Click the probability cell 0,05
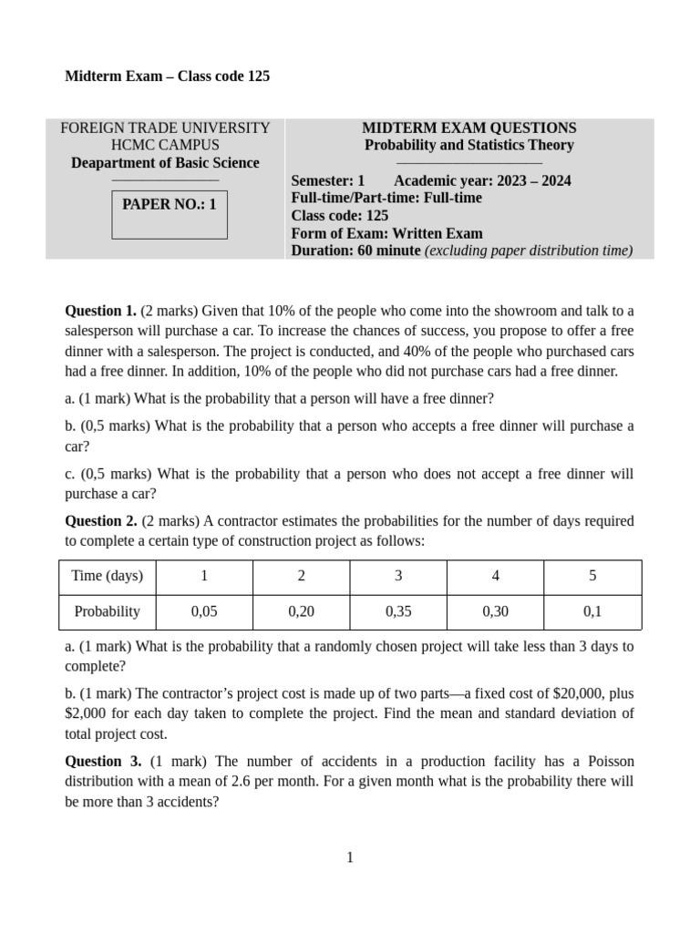click(204, 611)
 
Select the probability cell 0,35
click(398, 611)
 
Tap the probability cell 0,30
click(495, 611)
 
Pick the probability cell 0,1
click(592, 611)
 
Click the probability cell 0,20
click(301, 611)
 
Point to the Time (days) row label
click(108, 576)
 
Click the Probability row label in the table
click(108, 611)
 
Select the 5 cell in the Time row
click(592, 576)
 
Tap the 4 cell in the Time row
click(495, 576)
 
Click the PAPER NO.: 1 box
click(170, 214)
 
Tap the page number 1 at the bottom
click(350, 856)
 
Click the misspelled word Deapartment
click(112, 163)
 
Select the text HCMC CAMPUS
click(165, 145)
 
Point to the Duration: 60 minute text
click(355, 251)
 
